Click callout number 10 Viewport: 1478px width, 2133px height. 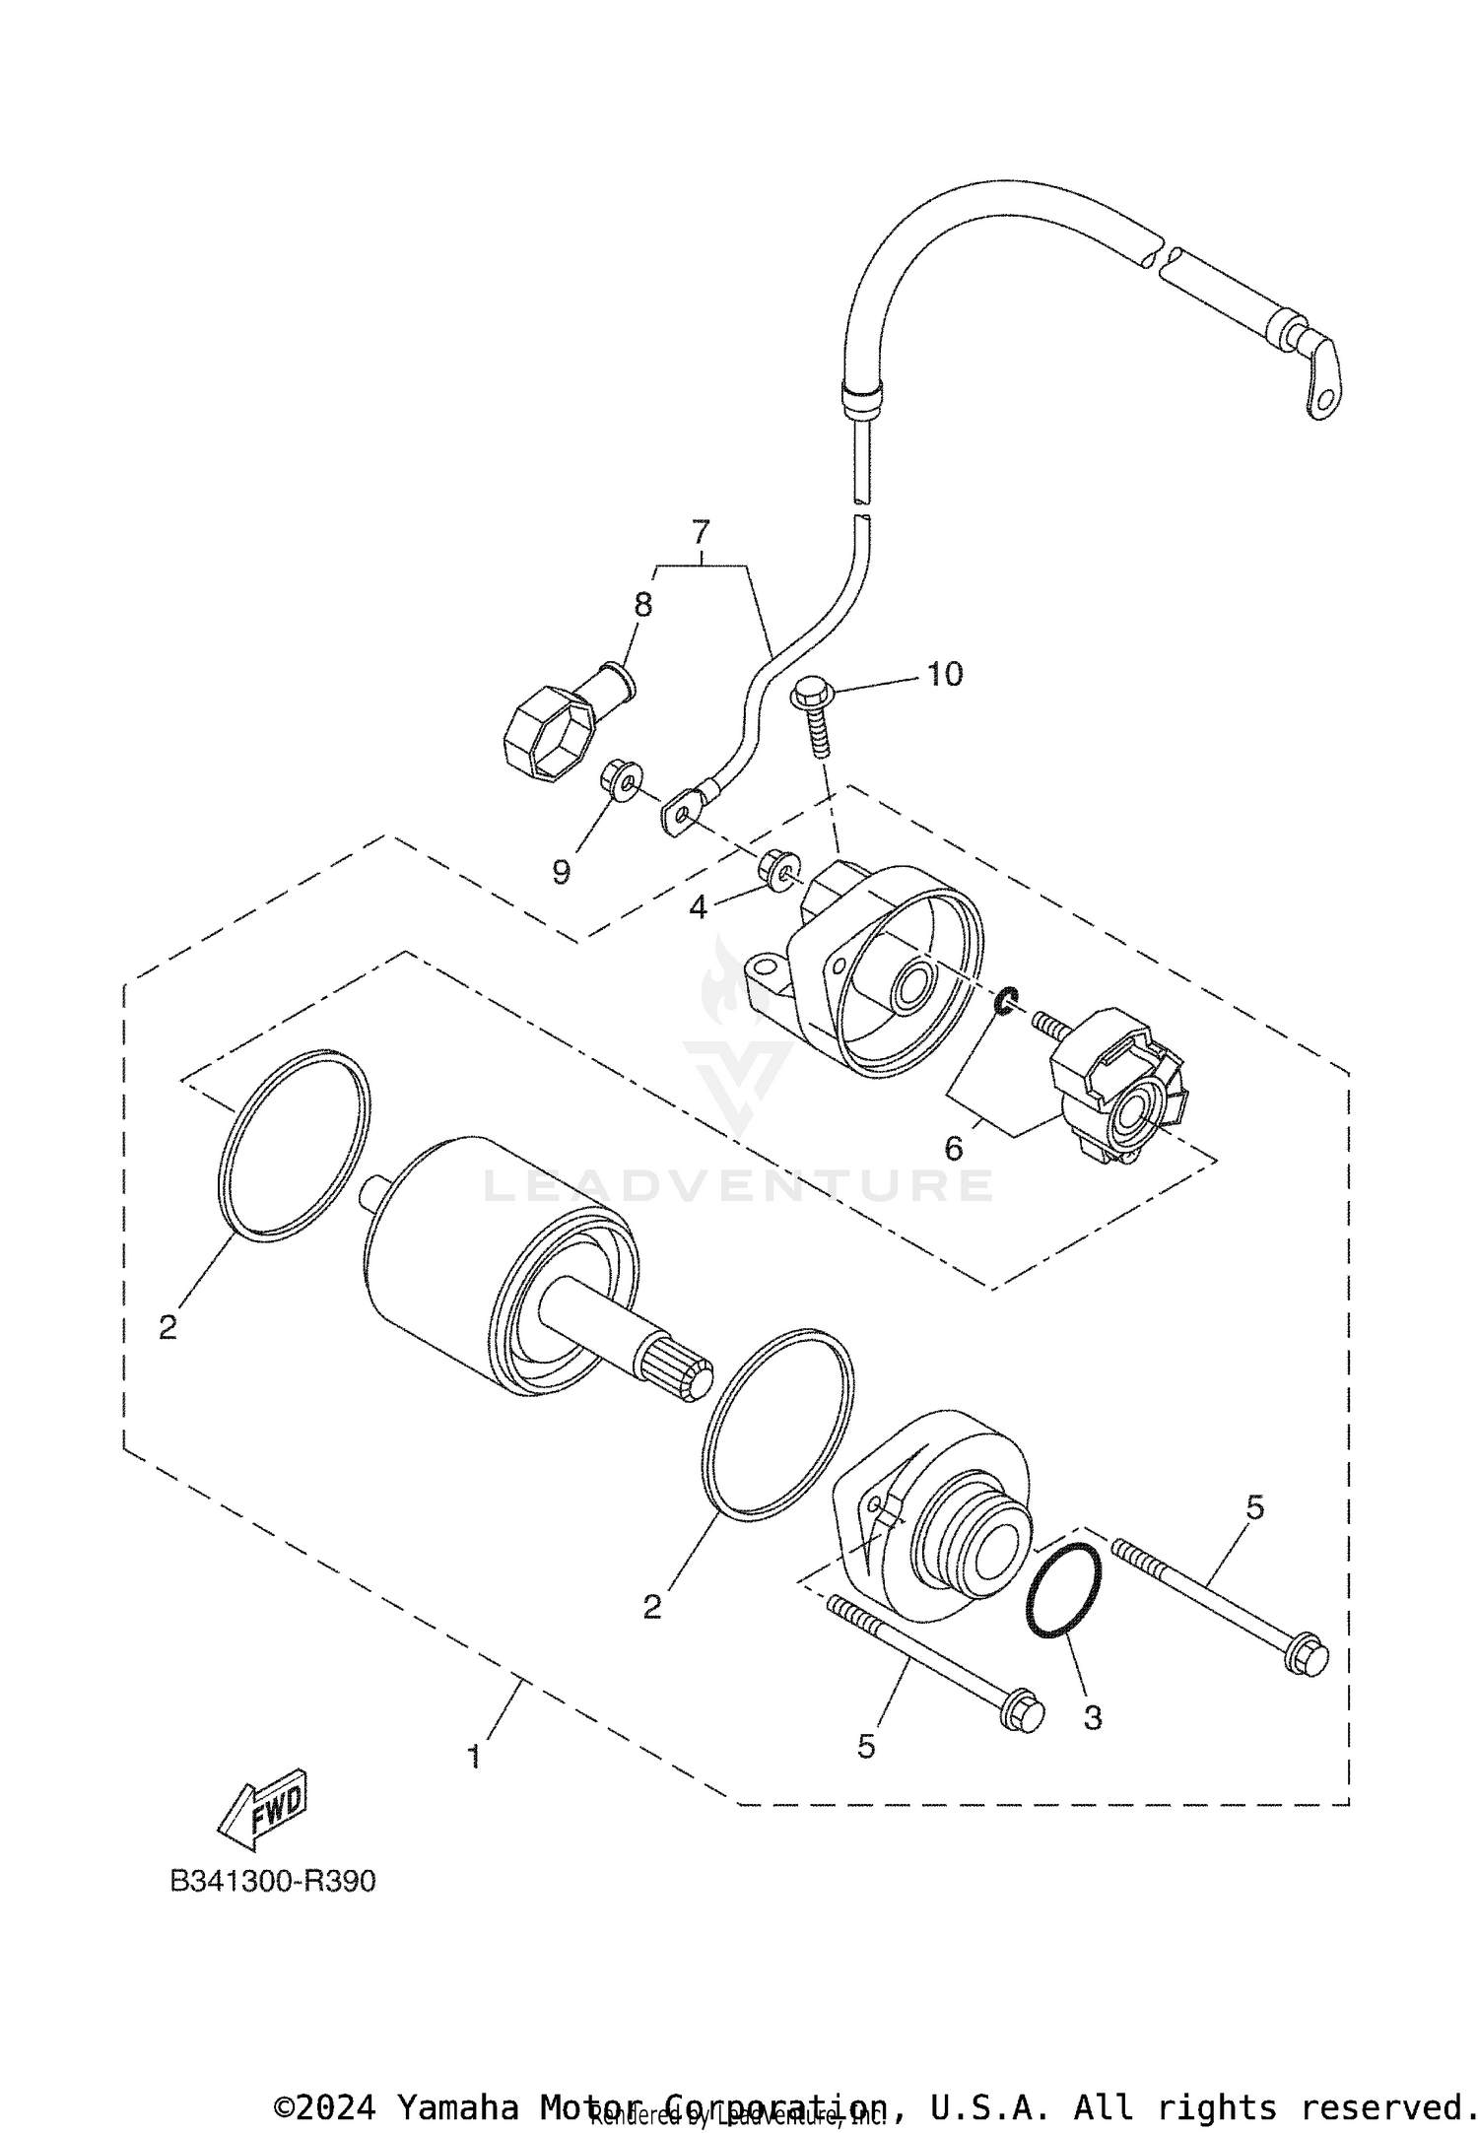point(944,675)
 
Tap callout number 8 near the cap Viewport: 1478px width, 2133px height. point(642,604)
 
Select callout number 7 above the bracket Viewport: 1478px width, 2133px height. point(701,533)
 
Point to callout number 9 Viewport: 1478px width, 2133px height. point(561,872)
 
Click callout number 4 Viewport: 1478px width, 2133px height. point(699,907)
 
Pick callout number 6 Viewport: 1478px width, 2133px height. point(953,1149)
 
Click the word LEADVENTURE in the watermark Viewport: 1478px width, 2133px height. point(739,1185)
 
